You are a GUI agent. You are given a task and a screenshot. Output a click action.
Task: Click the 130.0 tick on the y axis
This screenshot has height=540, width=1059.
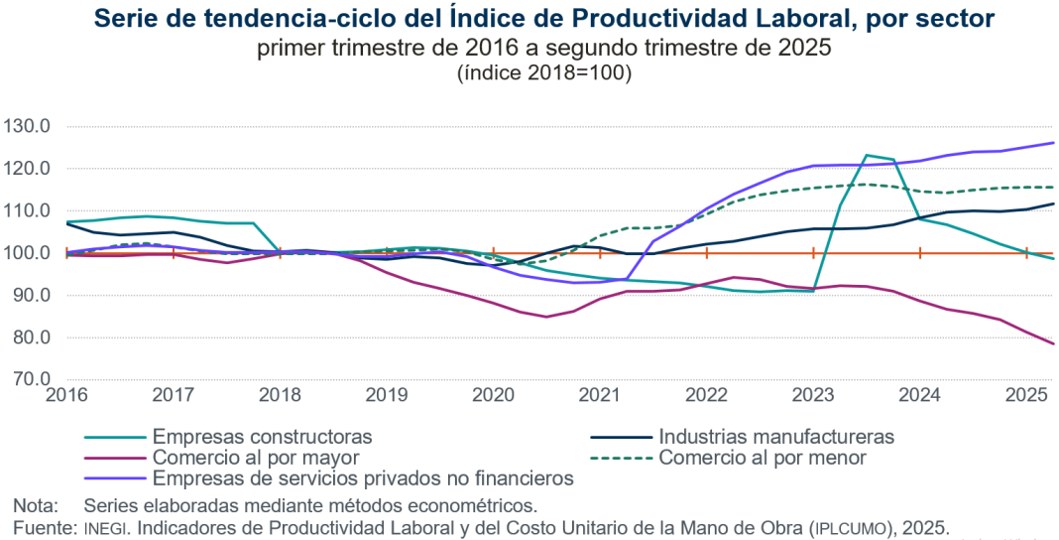click(27, 127)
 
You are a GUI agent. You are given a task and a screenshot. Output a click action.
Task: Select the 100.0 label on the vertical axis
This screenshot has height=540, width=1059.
click(27, 253)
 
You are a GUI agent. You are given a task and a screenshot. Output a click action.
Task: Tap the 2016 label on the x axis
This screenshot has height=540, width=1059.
click(66, 395)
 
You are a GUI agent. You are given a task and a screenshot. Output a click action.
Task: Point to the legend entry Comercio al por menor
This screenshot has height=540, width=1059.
click(763, 458)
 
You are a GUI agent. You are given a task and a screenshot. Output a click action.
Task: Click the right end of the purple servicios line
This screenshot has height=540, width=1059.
click(1053, 143)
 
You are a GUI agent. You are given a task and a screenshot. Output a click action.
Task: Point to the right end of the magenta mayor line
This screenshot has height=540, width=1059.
click(1053, 343)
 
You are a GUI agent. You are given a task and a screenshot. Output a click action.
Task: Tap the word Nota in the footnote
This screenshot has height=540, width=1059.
click(35, 505)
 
